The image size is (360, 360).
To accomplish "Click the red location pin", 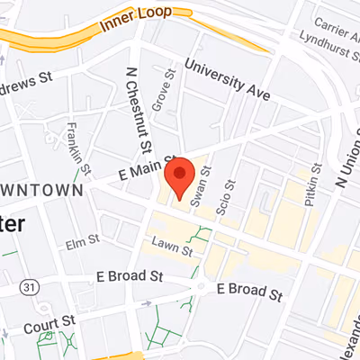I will tap(181, 176).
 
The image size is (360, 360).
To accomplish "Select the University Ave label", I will tap(227, 78).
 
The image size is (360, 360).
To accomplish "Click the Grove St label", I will tap(163, 91).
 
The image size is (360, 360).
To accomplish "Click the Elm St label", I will tap(81, 242).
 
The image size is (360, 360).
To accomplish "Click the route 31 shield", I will tap(31, 285).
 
